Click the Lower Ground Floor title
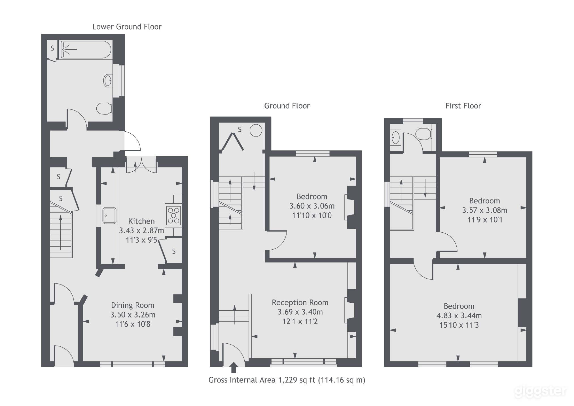click(127, 27)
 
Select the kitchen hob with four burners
click(173, 216)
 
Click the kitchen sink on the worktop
click(109, 216)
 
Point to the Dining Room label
click(132, 305)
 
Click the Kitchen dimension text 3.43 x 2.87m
click(141, 230)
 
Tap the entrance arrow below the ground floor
click(234, 368)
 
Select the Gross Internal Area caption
click(287, 380)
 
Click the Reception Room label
click(300, 302)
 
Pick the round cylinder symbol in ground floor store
click(256, 131)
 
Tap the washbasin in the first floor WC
click(395, 138)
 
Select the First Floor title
click(463, 106)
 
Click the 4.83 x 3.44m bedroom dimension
click(459, 315)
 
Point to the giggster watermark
click(540, 391)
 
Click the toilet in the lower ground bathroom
click(104, 108)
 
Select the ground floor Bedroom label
click(312, 196)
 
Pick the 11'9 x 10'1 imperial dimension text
click(484, 220)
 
